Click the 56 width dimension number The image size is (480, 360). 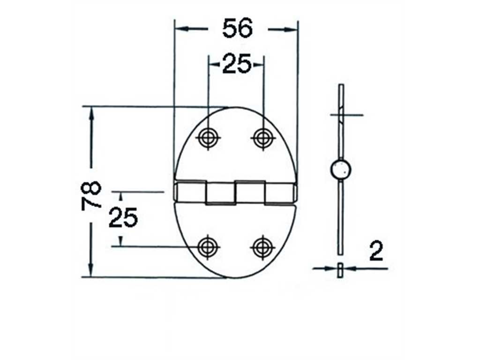[238, 28]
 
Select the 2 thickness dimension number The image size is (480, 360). [376, 251]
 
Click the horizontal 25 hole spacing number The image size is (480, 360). [236, 64]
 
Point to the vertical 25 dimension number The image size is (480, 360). [123, 217]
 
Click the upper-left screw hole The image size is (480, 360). [208, 137]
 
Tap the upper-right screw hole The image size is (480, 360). [262, 137]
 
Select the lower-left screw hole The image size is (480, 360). [208, 247]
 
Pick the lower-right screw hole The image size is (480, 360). [262, 247]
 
